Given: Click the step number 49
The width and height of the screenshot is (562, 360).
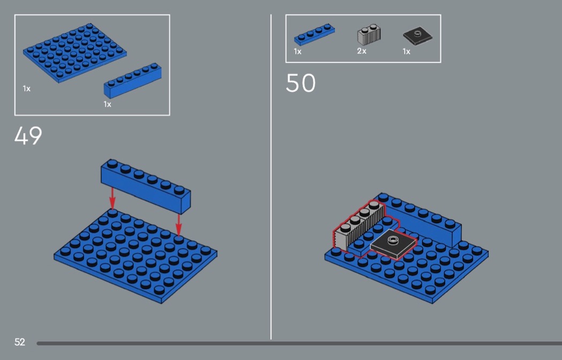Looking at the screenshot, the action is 28,135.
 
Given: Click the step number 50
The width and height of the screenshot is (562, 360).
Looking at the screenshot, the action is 301,83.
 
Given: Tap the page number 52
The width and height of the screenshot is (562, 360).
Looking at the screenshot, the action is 20,342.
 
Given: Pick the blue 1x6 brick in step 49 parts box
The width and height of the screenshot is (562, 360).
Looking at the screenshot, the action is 133,81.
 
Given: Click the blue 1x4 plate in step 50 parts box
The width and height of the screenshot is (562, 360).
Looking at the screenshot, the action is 314,35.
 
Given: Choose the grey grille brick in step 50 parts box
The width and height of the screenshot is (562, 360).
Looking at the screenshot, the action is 369,35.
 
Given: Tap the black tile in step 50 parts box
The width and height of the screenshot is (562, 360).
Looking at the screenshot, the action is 417,37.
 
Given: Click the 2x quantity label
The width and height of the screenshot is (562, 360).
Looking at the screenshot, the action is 362,51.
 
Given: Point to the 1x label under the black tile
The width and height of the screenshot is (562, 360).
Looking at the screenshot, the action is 406,51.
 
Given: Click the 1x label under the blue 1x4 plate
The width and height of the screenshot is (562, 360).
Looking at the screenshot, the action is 298,51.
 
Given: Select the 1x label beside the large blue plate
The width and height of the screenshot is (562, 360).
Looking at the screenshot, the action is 27,88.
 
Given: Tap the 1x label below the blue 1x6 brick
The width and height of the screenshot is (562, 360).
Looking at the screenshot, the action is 108,104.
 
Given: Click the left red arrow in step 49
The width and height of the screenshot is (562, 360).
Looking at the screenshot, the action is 112,198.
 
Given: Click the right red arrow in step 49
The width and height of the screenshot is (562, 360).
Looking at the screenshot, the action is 178,225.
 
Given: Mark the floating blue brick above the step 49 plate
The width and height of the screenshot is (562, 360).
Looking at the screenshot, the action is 146,186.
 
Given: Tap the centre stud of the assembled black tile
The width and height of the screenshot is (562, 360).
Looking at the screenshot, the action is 393,240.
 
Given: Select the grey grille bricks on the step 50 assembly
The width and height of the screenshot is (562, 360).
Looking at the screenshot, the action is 359,225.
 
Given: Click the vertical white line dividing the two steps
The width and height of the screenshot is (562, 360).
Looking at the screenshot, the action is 271,177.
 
